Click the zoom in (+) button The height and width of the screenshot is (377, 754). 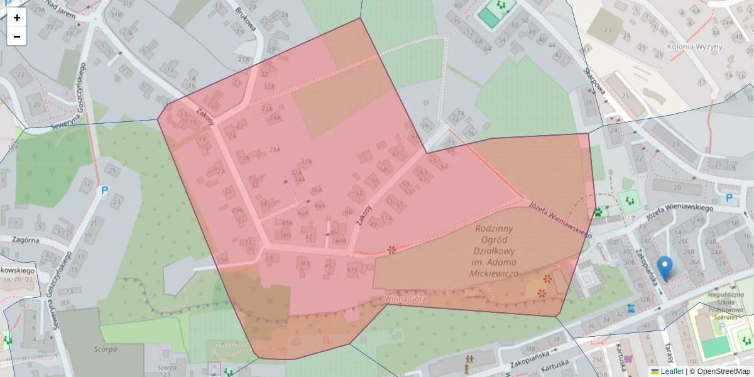[x=17, y=18]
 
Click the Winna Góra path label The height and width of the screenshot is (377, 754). [x=405, y=299]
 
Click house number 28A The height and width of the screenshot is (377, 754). [x=275, y=150]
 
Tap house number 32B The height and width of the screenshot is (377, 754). [x=307, y=162]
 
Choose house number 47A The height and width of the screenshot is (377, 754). [x=352, y=270]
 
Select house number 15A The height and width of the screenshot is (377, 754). [x=222, y=259]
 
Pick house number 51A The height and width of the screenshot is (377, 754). [x=386, y=219]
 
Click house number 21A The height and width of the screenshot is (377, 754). [x=244, y=59]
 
